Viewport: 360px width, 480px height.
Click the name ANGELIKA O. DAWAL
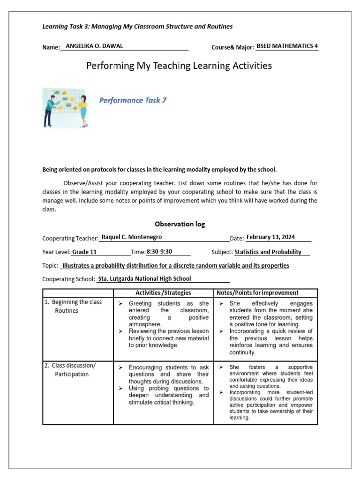tap(94, 46)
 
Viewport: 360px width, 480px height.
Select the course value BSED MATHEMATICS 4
tap(287, 46)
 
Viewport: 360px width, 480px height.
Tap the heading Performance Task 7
tap(133, 100)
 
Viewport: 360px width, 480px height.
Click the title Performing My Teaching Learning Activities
tap(179, 66)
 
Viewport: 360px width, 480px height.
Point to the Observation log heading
tap(180, 224)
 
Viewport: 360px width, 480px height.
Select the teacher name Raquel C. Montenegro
tap(132, 237)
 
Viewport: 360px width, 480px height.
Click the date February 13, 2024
tap(270, 237)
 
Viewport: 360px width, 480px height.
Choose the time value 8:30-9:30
tap(159, 252)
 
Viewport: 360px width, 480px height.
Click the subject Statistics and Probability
tap(268, 252)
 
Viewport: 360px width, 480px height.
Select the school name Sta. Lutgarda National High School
tap(144, 279)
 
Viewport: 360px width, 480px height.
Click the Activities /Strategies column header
tap(163, 293)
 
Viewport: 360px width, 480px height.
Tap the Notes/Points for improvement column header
tap(264, 293)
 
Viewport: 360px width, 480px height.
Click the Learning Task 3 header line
tap(137, 27)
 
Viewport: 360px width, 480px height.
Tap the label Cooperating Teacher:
tap(70, 238)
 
